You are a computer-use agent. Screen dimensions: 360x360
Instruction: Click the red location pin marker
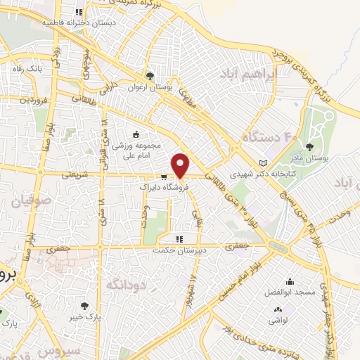(x=181, y=166)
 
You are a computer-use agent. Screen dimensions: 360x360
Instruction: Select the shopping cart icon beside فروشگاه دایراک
(x=163, y=177)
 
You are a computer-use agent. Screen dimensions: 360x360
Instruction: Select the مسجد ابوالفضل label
(x=288, y=291)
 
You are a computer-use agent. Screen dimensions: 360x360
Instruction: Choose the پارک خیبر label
(x=85, y=316)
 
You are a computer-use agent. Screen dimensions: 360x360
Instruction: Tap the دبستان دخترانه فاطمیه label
(x=78, y=22)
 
